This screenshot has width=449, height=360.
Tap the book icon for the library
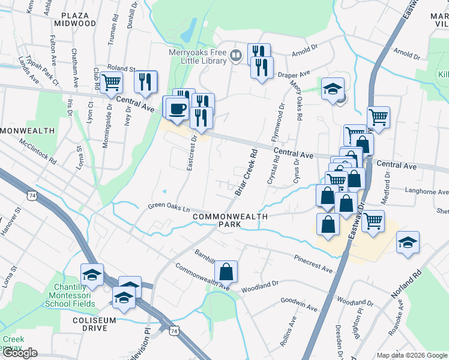(x=237, y=56)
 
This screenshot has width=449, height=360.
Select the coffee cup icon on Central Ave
(x=176, y=109)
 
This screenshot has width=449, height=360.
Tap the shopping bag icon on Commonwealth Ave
(x=226, y=272)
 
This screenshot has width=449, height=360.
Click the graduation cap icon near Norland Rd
(x=408, y=242)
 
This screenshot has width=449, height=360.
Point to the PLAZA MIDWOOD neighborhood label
(x=75, y=18)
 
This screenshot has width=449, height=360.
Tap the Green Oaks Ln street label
(x=169, y=208)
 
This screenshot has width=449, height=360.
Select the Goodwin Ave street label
(x=298, y=304)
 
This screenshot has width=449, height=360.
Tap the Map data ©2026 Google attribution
(x=411, y=355)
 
